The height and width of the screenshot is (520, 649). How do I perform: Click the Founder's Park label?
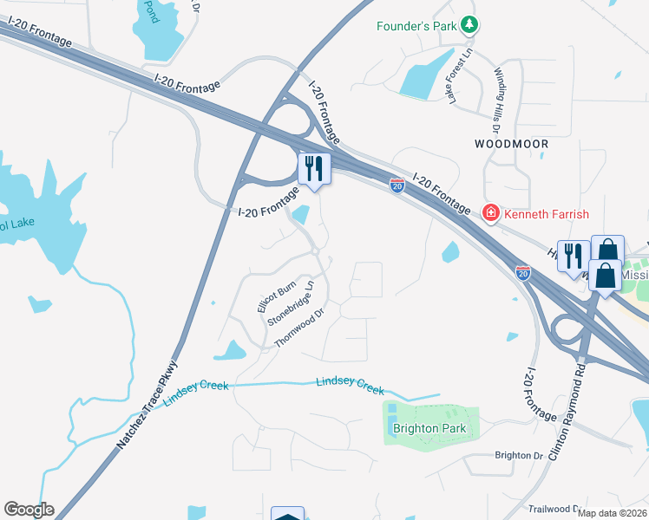[416, 26]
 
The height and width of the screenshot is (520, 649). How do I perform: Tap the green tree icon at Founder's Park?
[469, 25]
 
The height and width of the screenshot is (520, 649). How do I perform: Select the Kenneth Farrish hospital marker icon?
[490, 213]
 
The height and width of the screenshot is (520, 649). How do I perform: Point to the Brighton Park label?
[429, 428]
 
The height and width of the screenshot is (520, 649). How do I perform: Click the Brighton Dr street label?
[518, 455]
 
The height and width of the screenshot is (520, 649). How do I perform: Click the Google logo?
[29, 510]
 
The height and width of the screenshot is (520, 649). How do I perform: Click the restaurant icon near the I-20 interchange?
[313, 168]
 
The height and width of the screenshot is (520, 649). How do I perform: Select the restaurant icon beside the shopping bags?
[573, 256]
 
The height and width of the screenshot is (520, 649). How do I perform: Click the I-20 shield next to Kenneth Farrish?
[397, 185]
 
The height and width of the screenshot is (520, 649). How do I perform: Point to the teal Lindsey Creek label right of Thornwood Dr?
[350, 385]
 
